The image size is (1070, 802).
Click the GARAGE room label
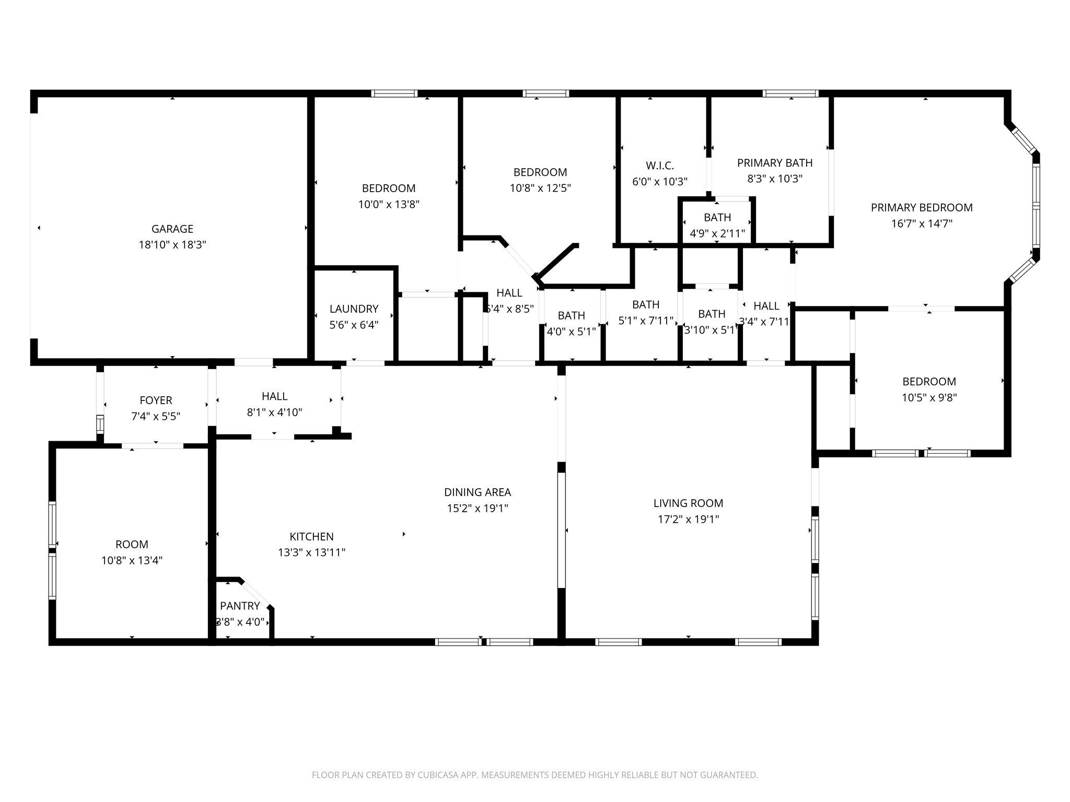click(172, 229)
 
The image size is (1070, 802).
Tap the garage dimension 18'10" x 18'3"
click(172, 245)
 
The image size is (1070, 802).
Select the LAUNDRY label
click(354, 309)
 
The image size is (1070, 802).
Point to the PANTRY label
click(240, 606)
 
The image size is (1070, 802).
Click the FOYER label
click(156, 400)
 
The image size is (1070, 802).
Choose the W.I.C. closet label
click(660, 166)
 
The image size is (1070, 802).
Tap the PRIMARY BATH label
click(775, 163)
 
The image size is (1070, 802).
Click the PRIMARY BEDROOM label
click(922, 207)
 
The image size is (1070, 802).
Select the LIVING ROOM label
click(688, 503)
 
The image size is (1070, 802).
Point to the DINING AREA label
click(478, 492)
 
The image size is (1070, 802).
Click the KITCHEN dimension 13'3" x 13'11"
click(311, 552)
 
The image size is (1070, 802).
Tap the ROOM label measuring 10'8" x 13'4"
click(132, 545)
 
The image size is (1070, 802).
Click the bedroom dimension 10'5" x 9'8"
click(929, 397)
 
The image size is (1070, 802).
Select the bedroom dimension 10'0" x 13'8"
click(389, 204)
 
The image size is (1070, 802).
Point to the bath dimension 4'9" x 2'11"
click(717, 233)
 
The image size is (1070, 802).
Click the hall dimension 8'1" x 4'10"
click(274, 412)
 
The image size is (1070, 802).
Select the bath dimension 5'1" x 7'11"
click(646, 321)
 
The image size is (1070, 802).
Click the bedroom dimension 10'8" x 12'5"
click(540, 188)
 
